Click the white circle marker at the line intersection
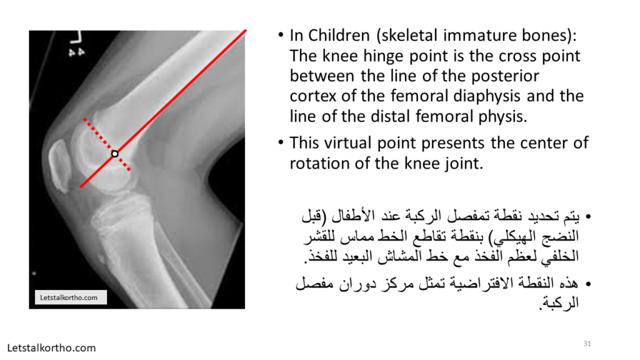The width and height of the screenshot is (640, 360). click(x=115, y=154)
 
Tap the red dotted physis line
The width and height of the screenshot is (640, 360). click(x=107, y=144)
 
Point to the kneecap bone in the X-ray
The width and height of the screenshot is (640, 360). click(x=59, y=165)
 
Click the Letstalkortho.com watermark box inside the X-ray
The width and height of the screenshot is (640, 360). click(x=71, y=297)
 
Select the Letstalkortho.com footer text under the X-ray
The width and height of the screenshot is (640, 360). click(x=51, y=348)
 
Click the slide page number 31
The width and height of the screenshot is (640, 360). click(x=587, y=344)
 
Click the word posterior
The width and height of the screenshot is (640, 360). click(x=505, y=76)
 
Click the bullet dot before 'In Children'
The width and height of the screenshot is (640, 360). click(x=281, y=35)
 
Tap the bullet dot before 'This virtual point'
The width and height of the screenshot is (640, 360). click(x=281, y=143)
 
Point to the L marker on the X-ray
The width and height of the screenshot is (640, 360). click(x=76, y=37)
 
